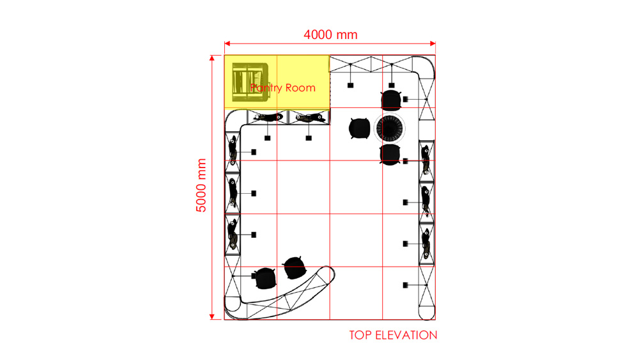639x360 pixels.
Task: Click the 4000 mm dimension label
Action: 330,35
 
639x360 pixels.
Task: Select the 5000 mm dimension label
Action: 201,185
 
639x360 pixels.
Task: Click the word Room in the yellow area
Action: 300,88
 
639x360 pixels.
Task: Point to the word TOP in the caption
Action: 360,335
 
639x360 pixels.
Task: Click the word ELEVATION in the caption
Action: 406,335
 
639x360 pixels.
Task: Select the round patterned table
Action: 390,129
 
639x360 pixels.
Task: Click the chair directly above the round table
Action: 391,100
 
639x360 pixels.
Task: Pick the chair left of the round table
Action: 359,129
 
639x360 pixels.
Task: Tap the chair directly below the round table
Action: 390,155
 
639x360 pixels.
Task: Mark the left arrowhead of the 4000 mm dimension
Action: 227,43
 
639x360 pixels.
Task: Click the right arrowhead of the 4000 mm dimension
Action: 433,43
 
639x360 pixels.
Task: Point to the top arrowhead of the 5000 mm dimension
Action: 212,58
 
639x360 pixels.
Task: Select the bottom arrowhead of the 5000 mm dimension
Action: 212,317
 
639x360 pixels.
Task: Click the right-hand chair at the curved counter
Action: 295,268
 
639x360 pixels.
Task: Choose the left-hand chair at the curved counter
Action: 265,278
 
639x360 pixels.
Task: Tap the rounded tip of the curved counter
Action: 330,272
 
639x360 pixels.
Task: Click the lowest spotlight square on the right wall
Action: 406,285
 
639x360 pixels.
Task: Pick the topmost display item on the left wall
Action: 233,150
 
